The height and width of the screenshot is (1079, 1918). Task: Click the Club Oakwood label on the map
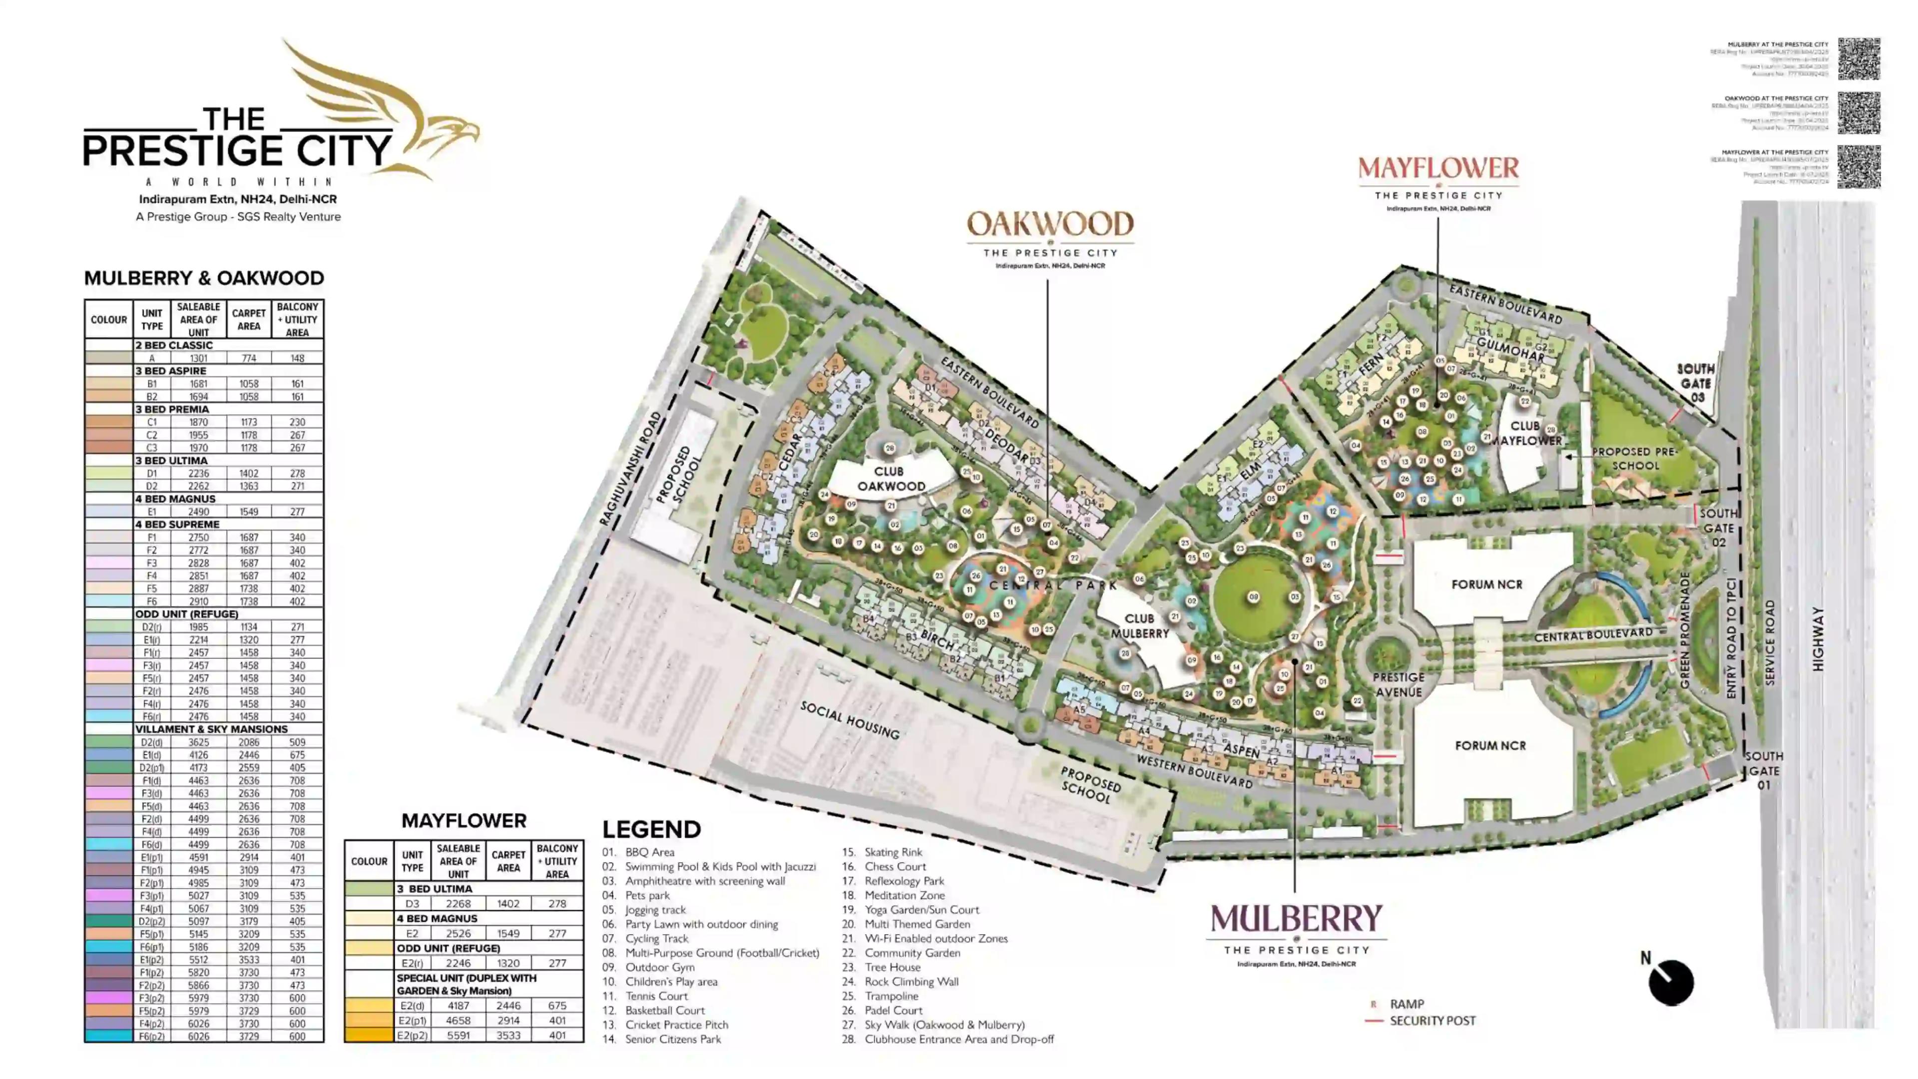click(x=891, y=479)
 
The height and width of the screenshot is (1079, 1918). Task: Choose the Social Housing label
click(x=850, y=720)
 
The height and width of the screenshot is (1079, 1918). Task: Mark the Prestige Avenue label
click(x=1399, y=684)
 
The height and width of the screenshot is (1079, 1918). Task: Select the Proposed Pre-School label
click(x=1635, y=459)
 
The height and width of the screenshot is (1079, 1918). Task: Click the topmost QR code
click(x=1859, y=59)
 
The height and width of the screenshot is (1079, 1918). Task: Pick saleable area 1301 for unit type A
click(x=198, y=358)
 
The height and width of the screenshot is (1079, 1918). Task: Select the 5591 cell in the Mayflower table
click(x=458, y=1035)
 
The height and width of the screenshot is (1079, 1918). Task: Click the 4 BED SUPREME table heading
click(x=177, y=524)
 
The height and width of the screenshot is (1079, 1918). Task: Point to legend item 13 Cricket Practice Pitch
click(x=676, y=1025)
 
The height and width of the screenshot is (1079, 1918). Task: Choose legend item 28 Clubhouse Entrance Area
click(x=959, y=1039)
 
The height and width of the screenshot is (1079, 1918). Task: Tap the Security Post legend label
click(x=1432, y=1020)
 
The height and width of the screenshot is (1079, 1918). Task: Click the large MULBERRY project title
click(x=1296, y=920)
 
